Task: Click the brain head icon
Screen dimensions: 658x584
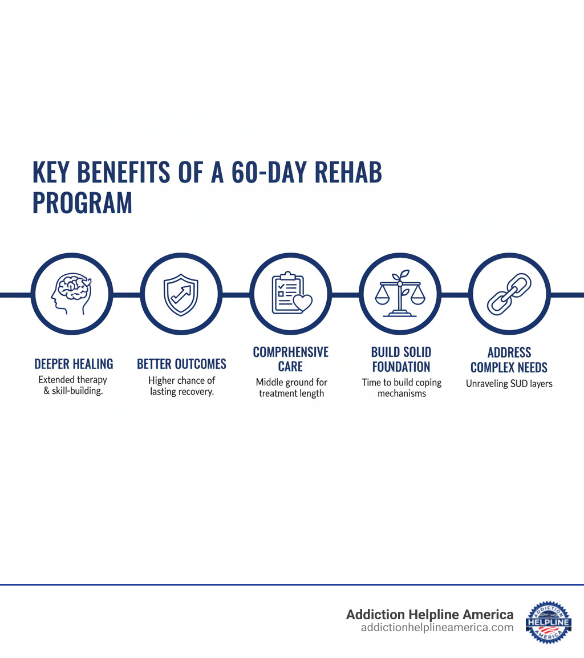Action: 72,294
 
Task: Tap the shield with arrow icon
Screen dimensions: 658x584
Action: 181,294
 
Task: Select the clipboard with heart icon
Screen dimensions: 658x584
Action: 291,294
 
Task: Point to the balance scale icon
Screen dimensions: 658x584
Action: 400,294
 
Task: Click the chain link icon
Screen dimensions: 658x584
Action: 509,294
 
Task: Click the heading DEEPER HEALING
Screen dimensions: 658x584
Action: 74,364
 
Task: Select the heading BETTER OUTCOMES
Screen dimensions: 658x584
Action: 181,364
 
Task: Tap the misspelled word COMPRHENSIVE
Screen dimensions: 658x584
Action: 291,352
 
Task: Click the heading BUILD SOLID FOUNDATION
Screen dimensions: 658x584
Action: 401,359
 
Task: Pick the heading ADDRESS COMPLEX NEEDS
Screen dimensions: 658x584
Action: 509,359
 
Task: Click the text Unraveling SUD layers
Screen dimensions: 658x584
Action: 509,384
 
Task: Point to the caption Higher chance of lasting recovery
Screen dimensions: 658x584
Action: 181,386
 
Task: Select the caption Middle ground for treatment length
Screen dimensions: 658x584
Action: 291,388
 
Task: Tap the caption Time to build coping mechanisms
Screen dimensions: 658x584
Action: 401,388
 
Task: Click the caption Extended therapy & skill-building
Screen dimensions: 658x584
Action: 73,385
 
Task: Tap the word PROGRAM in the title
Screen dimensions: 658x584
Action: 82,202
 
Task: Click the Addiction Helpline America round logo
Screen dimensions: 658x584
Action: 548,622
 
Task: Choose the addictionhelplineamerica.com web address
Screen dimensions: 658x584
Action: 437,628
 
